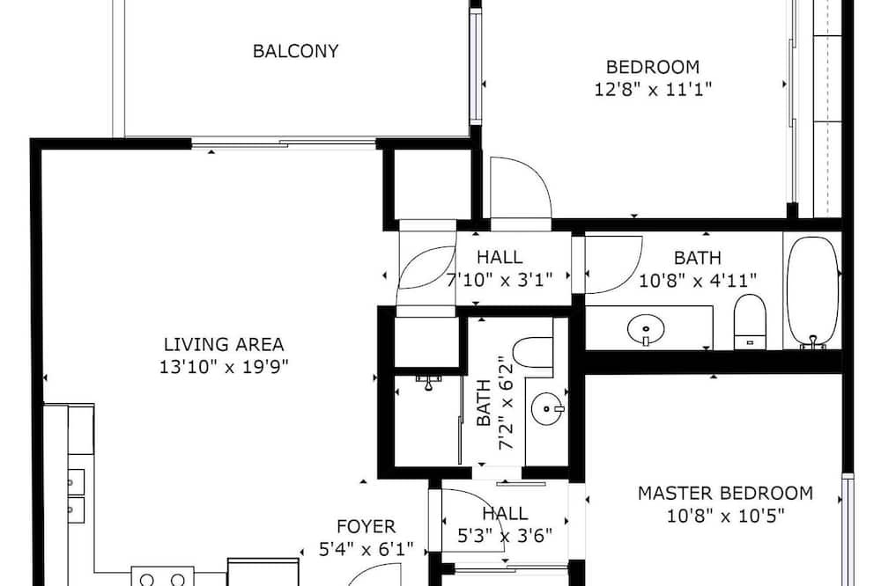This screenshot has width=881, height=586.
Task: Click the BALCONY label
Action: tap(295, 51)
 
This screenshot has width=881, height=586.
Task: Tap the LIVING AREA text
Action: tap(224, 344)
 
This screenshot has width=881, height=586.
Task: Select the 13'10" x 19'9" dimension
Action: tap(224, 367)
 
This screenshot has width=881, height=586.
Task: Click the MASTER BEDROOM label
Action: tap(725, 493)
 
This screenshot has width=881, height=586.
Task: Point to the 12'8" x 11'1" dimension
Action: tap(653, 89)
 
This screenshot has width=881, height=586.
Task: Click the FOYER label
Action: tap(366, 526)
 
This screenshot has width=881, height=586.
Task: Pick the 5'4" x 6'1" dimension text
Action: tap(366, 549)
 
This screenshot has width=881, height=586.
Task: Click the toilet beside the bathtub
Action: tap(750, 322)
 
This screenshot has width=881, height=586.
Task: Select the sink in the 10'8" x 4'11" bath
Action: tap(646, 329)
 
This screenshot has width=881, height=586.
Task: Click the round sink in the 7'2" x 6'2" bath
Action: tap(547, 408)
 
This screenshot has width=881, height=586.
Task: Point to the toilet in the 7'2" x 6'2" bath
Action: tap(533, 353)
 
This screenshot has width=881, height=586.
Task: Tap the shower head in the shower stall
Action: tap(429, 382)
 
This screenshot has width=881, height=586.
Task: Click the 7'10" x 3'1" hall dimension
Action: tap(500, 280)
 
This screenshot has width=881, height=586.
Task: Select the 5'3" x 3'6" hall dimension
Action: tap(505, 536)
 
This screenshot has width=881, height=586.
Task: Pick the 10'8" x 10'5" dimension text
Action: tap(725, 516)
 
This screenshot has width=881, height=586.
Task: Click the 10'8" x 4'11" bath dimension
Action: tap(697, 280)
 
